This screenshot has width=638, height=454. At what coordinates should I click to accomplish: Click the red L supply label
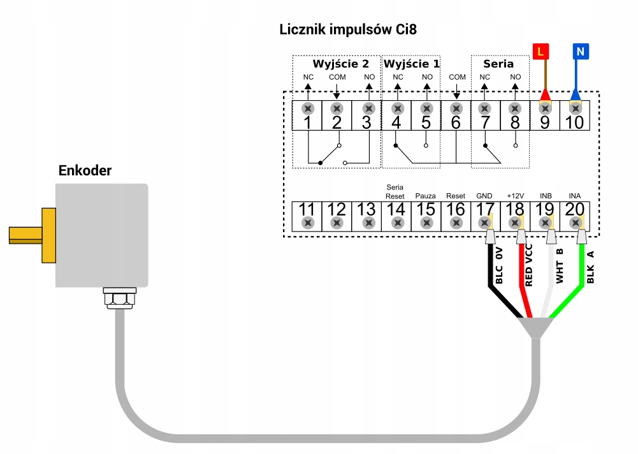[540, 52]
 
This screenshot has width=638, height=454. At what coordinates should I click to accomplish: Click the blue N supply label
[580, 52]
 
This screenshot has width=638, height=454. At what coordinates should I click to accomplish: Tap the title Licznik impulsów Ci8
[348, 29]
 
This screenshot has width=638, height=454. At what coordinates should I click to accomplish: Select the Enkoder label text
[85, 170]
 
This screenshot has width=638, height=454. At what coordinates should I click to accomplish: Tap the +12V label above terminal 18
[515, 195]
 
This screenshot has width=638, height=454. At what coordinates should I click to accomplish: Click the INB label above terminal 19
[546, 195]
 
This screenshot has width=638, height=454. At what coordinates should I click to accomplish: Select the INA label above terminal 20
[575, 195]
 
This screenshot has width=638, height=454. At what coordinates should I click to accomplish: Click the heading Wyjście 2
[340, 64]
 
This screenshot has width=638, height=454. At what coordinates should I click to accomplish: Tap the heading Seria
[498, 64]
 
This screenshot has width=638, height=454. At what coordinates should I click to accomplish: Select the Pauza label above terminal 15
[425, 195]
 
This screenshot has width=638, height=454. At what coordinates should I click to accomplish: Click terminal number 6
[455, 122]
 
